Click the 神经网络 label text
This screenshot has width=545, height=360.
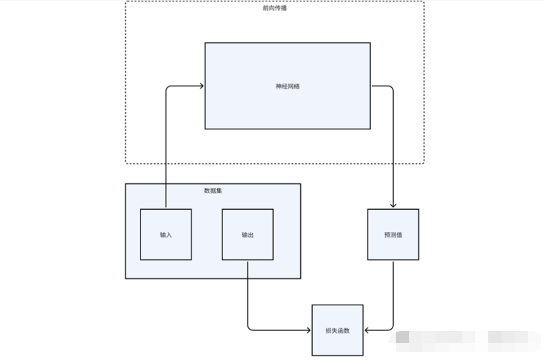[288, 86]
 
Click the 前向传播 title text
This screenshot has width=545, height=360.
[274, 9]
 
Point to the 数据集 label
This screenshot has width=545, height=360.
[213, 191]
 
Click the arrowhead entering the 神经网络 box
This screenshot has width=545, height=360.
[201, 86]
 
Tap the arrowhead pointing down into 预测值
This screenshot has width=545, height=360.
[393, 205]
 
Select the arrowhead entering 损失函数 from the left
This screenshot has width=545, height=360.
[308, 330]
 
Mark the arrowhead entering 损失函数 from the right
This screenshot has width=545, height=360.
[367, 330]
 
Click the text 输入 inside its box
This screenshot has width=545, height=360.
[166, 235]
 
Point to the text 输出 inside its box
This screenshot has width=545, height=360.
[247, 235]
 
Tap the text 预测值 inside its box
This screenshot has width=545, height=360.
[393, 235]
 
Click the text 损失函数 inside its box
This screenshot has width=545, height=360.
[337, 330]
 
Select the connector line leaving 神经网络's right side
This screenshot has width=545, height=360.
[383, 86]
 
